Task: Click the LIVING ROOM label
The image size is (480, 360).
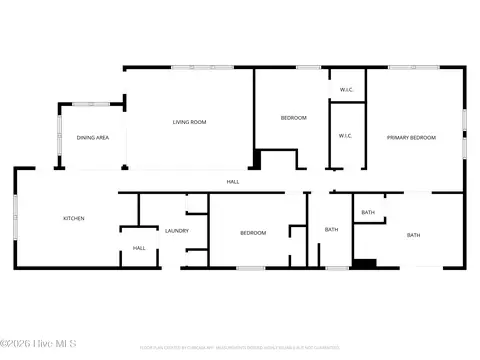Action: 189,122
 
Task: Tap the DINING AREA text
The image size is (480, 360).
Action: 93,137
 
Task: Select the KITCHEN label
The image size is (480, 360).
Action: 74,218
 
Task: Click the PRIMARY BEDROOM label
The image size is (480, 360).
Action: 411,136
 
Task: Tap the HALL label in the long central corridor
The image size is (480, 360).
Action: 232,181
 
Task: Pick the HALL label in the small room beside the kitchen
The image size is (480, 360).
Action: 139,248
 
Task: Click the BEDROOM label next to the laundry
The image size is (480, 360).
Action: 253,232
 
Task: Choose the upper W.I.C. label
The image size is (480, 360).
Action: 346,90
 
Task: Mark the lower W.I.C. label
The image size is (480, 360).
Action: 345,136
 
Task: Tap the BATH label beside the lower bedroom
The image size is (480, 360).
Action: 331,230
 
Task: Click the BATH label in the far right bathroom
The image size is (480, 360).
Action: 413,235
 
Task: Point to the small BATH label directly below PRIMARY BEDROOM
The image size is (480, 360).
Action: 368,212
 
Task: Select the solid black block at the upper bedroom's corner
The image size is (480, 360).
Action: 257,159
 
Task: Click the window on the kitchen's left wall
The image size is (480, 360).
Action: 15,217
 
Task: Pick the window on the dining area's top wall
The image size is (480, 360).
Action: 91,104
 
